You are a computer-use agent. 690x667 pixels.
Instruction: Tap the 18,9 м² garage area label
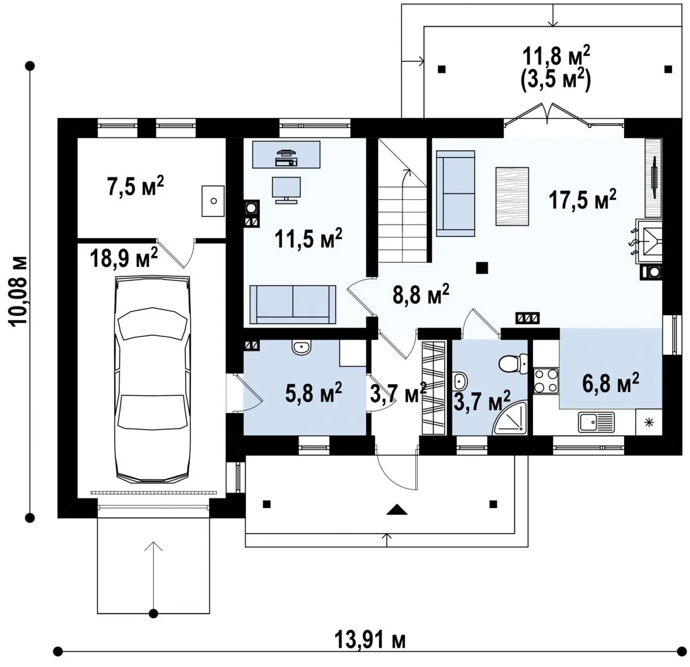point(124,258)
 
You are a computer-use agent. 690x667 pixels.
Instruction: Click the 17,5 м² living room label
point(583,199)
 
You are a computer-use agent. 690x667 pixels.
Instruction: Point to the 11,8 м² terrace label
point(556,56)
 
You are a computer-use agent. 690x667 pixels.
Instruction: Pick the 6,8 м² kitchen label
point(611,383)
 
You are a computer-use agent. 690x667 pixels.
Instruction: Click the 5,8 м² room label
point(314,393)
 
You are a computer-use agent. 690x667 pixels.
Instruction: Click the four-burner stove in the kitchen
point(546,381)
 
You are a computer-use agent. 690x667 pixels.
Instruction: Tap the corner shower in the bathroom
point(510,419)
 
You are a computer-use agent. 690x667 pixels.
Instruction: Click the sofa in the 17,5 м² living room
point(455,193)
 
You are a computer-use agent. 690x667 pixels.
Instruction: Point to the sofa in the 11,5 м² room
point(293,304)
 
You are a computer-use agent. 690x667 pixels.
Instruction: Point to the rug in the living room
point(512,196)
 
